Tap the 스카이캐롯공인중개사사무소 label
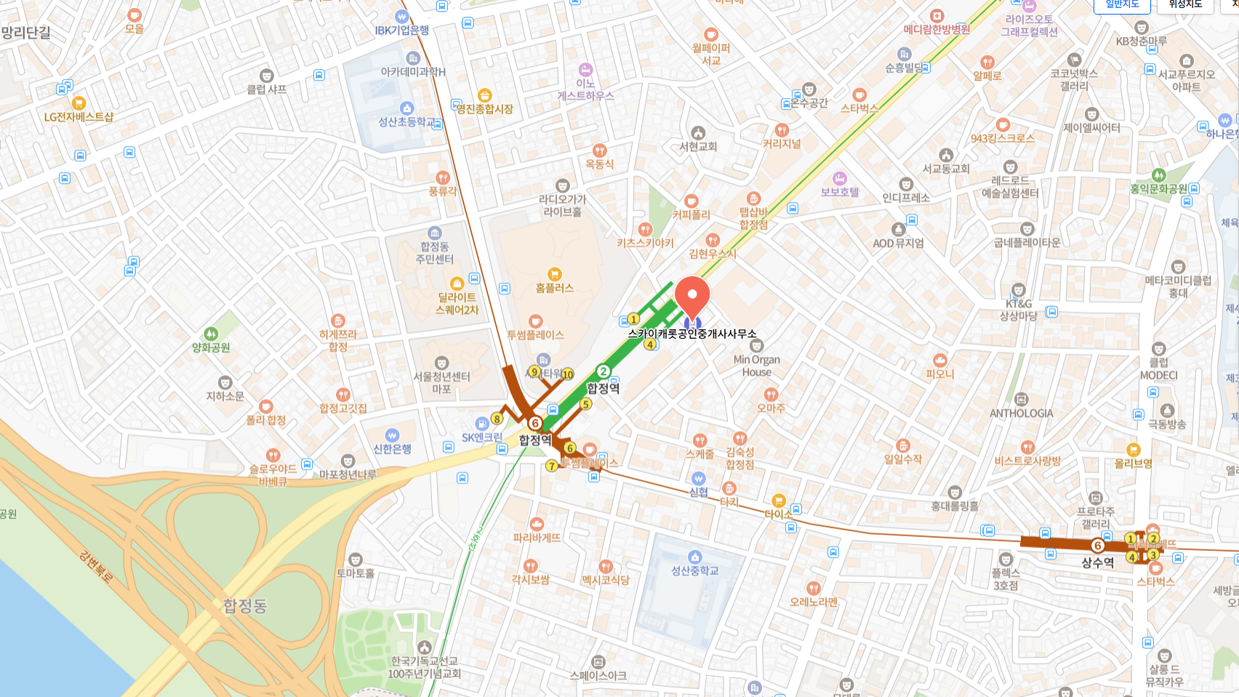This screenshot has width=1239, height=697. (x=691, y=334)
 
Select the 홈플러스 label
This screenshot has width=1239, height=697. (x=554, y=288)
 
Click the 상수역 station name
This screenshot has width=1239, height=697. (x=1097, y=562)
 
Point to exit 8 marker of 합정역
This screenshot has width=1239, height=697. (x=497, y=419)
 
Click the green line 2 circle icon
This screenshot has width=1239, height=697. (x=603, y=372)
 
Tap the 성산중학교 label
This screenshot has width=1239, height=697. (x=694, y=571)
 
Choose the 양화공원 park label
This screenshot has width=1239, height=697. (x=211, y=347)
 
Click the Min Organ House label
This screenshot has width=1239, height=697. (x=756, y=366)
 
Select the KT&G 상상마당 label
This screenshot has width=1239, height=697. (x=1018, y=310)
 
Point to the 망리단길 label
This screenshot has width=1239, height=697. (x=26, y=33)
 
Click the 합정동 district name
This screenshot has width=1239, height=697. (x=245, y=605)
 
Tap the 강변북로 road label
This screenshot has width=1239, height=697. (x=97, y=568)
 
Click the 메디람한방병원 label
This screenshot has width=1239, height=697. (x=937, y=30)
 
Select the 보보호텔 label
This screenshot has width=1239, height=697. (x=840, y=192)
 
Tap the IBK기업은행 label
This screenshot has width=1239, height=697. (x=402, y=31)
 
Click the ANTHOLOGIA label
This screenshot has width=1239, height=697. (x=1021, y=413)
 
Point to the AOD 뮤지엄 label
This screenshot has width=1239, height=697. (x=898, y=243)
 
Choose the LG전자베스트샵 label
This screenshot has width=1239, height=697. (x=79, y=116)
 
